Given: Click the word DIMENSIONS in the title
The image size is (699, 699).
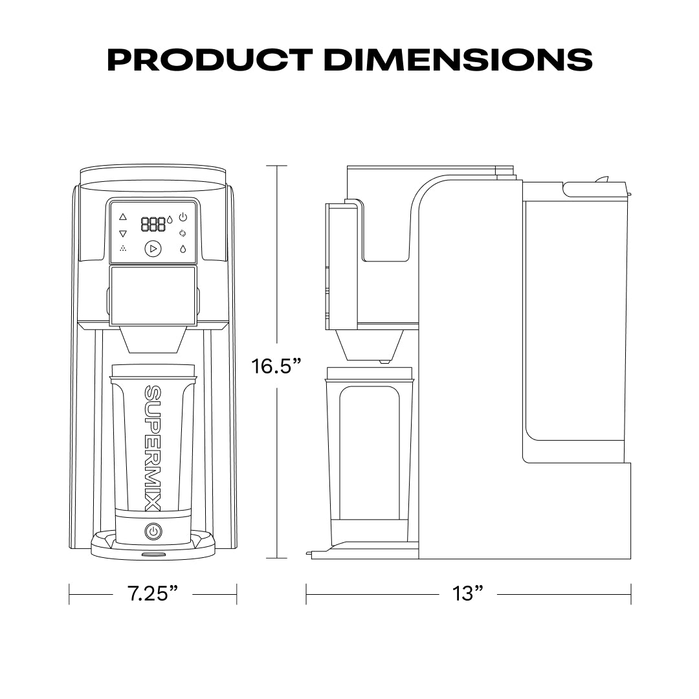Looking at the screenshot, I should (x=457, y=60).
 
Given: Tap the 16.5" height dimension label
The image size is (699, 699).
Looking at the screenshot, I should (x=277, y=366).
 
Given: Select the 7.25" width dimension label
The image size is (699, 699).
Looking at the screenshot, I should (x=153, y=593).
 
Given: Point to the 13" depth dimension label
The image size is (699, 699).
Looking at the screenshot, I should (x=468, y=593).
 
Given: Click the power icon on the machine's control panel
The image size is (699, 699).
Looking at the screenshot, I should (x=183, y=217).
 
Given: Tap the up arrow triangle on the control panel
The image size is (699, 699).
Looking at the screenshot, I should (x=123, y=217).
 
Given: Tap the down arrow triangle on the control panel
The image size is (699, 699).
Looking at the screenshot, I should (x=123, y=233).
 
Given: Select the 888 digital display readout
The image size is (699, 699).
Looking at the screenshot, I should (x=153, y=225).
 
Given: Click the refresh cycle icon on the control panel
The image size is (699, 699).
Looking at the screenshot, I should (x=183, y=233).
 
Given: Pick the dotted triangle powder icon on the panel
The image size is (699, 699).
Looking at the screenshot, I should (x=123, y=249).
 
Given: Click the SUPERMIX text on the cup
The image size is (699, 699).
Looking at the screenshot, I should (x=153, y=447).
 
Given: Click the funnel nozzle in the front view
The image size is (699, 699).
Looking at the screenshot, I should (x=153, y=340).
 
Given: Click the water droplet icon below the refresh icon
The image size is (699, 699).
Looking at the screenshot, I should (x=183, y=249).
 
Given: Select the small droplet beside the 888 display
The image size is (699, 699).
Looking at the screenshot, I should (x=170, y=220).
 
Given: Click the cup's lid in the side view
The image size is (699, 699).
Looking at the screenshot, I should (x=370, y=373).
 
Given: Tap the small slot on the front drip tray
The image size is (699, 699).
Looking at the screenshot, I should (x=153, y=555).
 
